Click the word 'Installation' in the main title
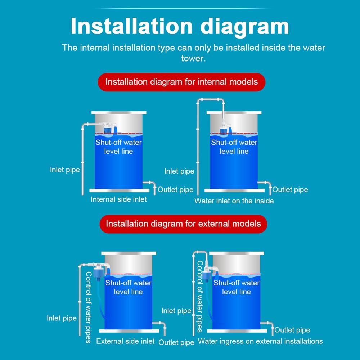coord(131,26)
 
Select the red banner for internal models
coord(181,82)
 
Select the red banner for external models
coord(183,224)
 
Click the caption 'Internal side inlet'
coord(118,199)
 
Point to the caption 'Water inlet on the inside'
coord(234,201)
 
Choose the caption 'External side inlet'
coord(125,341)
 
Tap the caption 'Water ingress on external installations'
coord(260,341)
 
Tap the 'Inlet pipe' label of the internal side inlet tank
coord(65,170)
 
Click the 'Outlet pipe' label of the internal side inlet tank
coord(175,189)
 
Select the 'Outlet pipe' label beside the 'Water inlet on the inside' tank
coord(290,189)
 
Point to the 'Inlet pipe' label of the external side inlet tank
coord(62,318)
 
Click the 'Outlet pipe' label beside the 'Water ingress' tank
coord(292,330)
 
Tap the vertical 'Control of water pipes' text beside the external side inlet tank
coord(89,307)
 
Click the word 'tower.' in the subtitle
coord(193,58)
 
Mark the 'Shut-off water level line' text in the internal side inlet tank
coord(118,147)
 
